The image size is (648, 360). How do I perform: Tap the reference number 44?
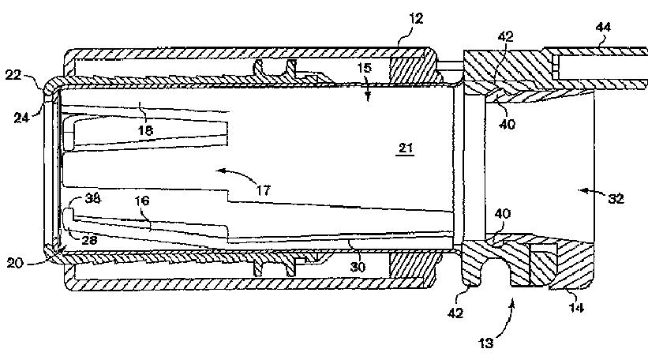tap(603, 28)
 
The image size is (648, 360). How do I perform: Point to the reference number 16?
tap(141, 202)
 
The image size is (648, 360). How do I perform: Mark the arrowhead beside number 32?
tap(579, 190)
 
